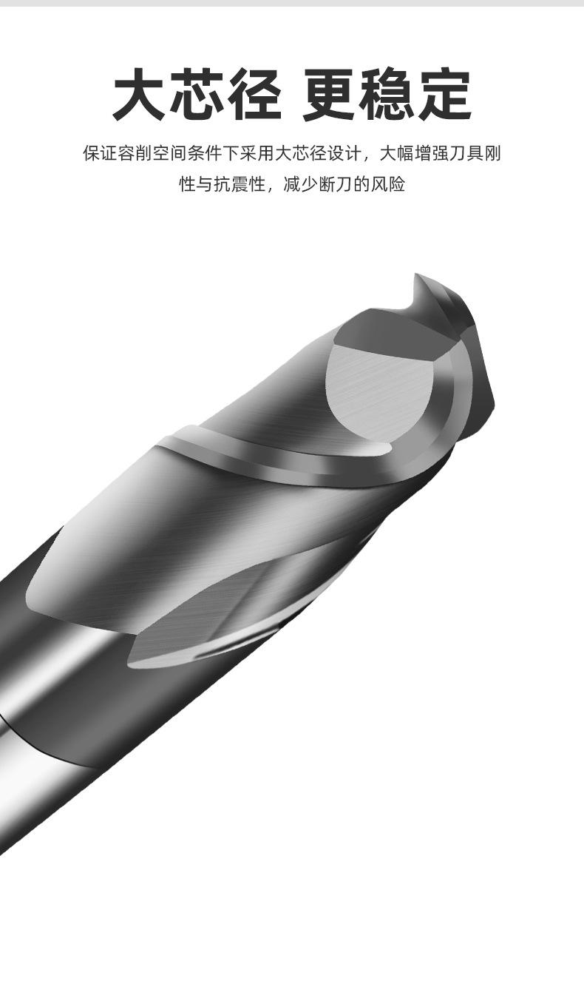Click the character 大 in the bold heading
[139, 94]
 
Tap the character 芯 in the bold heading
[197, 94]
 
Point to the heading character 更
[330, 94]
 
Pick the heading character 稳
[387, 94]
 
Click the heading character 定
[445, 94]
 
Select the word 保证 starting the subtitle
[100, 153]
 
